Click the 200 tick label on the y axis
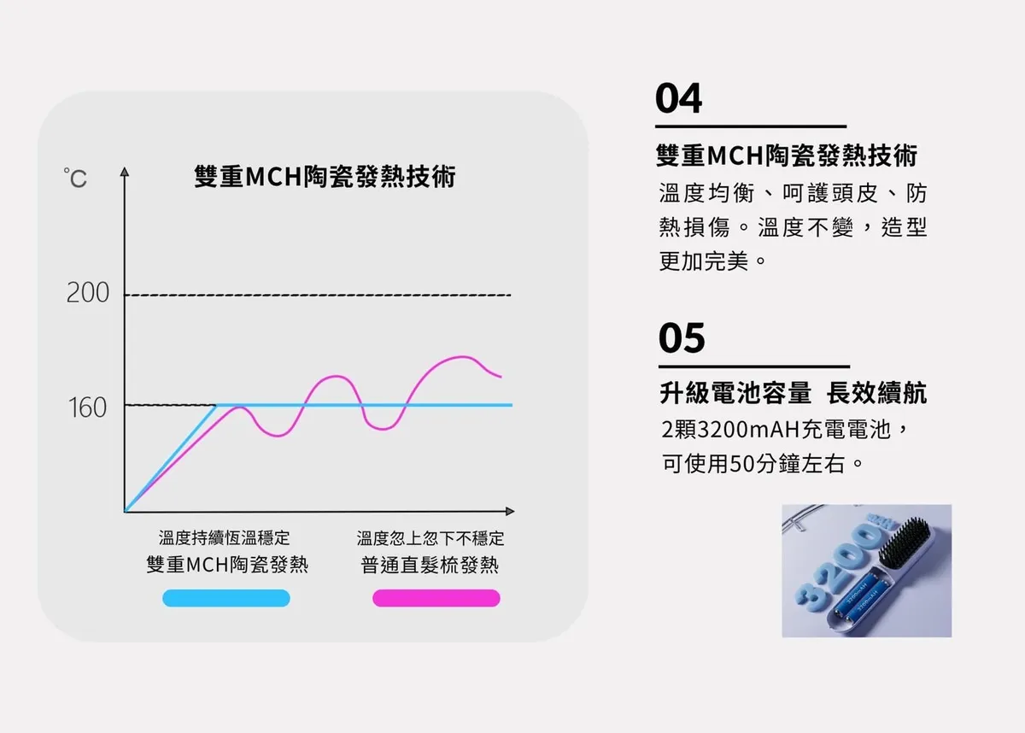[x=88, y=293]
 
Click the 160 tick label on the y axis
[x=87, y=408]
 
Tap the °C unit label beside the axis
[x=75, y=178]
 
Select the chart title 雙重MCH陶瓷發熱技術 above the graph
[x=325, y=176]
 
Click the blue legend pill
[x=226, y=598]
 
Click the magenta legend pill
[x=436, y=598]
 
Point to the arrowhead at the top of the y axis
[x=125, y=172]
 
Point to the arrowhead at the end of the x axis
[x=510, y=511]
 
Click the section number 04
[x=678, y=98]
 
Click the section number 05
[x=682, y=337]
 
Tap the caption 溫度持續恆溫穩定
[x=224, y=537]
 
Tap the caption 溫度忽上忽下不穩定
[x=430, y=538]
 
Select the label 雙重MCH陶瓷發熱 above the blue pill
[x=227, y=565]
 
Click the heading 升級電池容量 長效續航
[x=793, y=393]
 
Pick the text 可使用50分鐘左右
[x=753, y=464]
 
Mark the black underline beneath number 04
[x=751, y=126]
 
